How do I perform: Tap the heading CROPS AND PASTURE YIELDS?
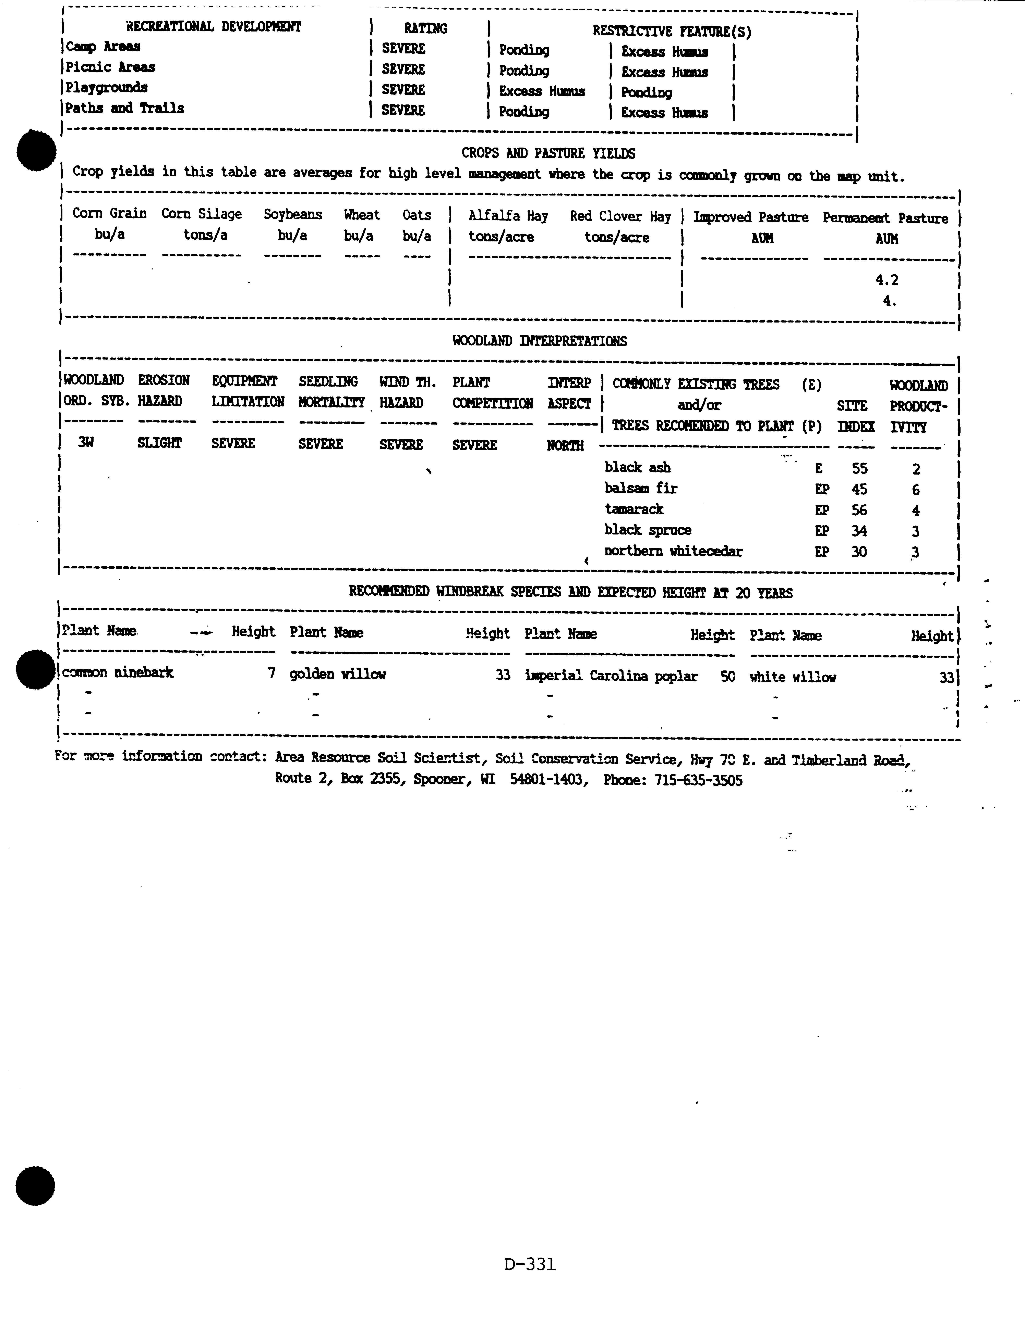pos(548,153)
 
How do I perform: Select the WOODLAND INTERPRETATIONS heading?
pos(540,341)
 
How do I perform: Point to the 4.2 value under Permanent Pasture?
pos(886,280)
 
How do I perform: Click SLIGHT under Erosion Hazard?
pos(159,443)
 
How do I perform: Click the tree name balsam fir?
pos(641,488)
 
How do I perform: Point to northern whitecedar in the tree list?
pos(673,551)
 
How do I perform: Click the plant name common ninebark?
pos(118,672)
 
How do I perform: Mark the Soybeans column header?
pos(293,214)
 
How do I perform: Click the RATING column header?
pos(425,28)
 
